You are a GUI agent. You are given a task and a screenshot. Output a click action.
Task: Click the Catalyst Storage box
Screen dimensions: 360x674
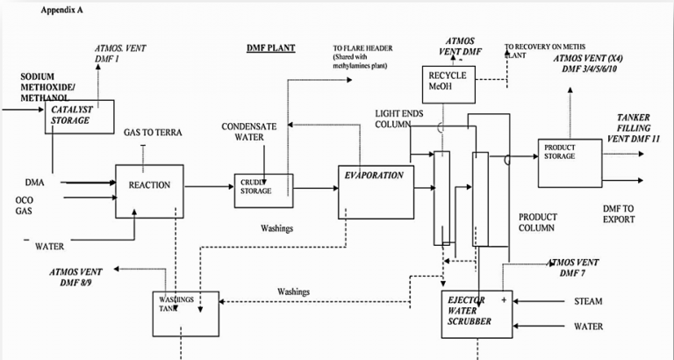click(80, 116)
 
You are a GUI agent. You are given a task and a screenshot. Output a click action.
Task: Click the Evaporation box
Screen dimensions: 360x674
click(376, 191)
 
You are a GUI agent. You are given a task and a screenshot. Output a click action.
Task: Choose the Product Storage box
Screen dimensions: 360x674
click(570, 162)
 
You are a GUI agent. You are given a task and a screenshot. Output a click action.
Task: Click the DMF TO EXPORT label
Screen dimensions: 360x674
click(618, 213)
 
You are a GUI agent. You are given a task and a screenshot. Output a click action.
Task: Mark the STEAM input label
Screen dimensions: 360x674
click(587, 302)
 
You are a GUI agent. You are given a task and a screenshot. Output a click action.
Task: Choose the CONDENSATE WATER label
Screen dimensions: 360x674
click(248, 132)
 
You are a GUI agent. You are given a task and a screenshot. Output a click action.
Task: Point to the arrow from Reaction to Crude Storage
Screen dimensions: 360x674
click(210, 186)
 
